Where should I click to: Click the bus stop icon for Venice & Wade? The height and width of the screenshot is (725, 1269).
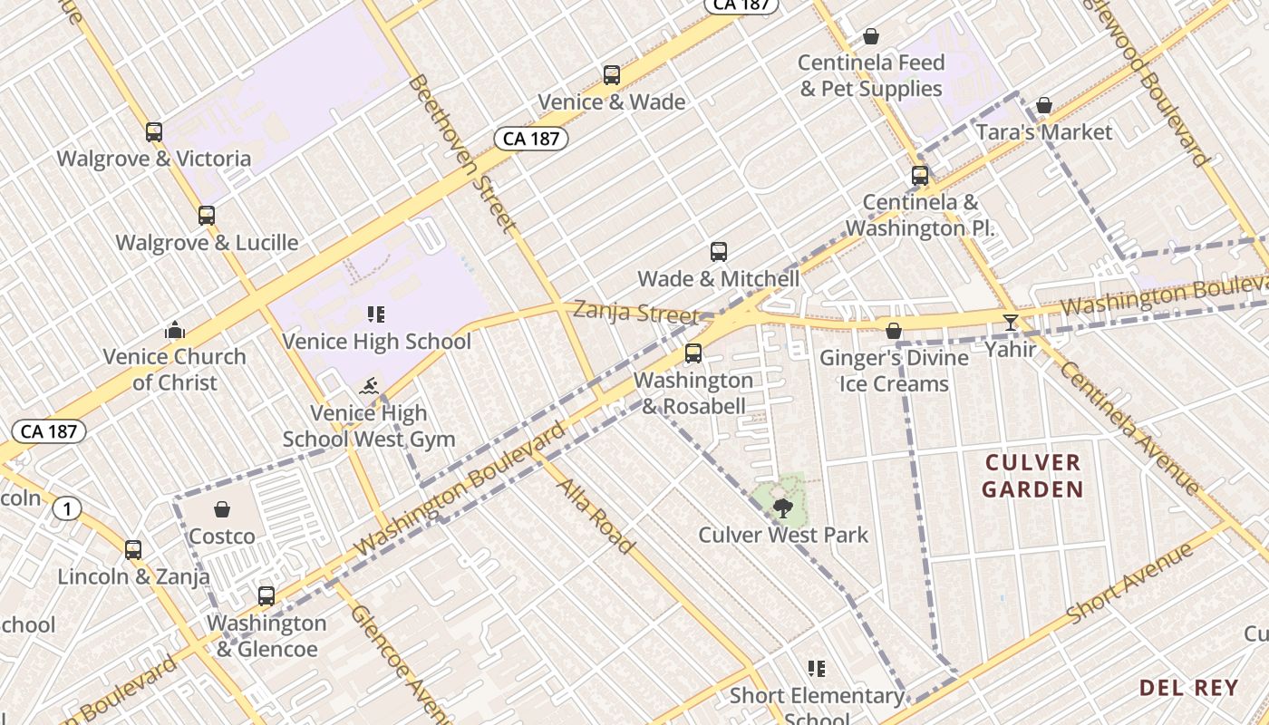(x=612, y=74)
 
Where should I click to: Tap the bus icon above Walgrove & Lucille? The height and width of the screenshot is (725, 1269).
(x=207, y=216)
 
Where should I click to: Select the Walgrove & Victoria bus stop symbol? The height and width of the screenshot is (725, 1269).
(x=154, y=132)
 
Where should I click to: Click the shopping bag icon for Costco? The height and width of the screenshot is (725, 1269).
(x=222, y=509)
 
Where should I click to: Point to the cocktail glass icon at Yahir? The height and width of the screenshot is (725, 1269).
(x=1011, y=322)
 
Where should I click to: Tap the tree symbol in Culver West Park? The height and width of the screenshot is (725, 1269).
(x=783, y=507)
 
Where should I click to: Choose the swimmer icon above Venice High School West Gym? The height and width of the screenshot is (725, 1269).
(x=368, y=387)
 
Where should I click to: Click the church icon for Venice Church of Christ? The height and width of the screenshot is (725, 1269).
(x=175, y=330)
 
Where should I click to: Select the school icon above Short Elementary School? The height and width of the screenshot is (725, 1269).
(x=817, y=669)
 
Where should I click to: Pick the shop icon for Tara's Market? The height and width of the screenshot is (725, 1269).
(x=1044, y=106)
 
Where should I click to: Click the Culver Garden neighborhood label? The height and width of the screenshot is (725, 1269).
(x=1033, y=477)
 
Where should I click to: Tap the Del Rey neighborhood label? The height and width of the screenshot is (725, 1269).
(x=1188, y=688)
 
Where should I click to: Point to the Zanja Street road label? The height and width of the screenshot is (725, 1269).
(x=636, y=314)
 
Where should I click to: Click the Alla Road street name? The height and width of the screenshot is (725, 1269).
(x=596, y=516)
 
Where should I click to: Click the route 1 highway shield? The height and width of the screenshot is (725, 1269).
(x=66, y=509)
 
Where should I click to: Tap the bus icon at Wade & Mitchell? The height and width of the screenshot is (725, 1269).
(x=719, y=252)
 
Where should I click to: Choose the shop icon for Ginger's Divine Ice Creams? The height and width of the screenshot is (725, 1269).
(x=894, y=331)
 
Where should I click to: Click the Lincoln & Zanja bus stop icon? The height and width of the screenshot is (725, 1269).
(x=133, y=550)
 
